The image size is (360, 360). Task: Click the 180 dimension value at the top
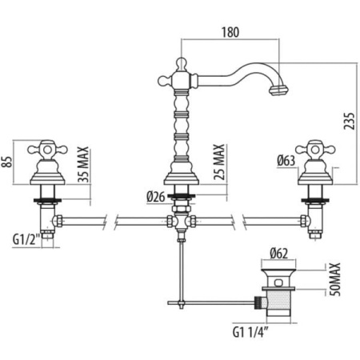point(230,32)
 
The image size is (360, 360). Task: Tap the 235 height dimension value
point(349,121)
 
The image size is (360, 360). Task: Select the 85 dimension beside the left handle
point(8,162)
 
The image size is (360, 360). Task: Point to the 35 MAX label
point(83,164)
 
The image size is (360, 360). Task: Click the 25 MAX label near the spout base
point(219,162)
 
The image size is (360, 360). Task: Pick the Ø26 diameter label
point(156,197)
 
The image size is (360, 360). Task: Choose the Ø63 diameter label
point(286,161)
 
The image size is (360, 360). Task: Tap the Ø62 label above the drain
point(278,254)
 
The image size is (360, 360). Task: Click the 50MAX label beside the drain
point(335,279)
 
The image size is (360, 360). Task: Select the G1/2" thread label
point(26,239)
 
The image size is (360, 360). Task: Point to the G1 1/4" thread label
point(250,332)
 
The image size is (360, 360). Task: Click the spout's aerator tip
point(278,90)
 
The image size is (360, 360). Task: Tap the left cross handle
point(47,150)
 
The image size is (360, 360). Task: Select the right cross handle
point(315,150)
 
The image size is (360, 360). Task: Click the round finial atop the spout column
point(181,63)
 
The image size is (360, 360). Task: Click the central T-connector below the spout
point(182,221)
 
